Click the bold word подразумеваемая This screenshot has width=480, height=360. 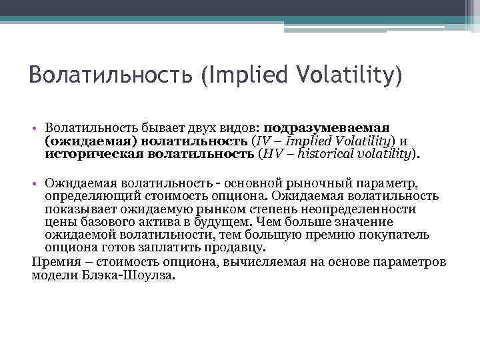coord(327,127)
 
